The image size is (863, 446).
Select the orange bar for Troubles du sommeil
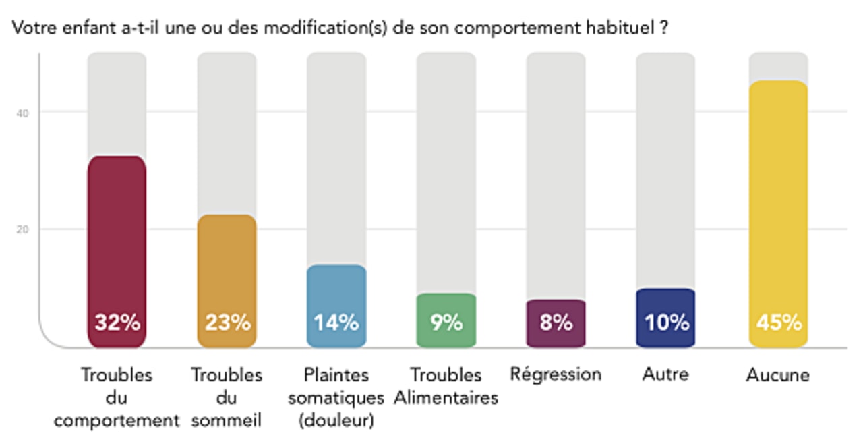click(x=227, y=270)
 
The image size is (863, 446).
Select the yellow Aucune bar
click(x=778, y=202)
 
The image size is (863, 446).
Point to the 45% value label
click(x=779, y=323)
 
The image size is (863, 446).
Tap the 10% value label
click(x=666, y=323)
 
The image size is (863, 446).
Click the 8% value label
click(x=556, y=323)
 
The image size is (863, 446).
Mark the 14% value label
click(x=336, y=323)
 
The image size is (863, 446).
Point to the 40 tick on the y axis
click(x=22, y=112)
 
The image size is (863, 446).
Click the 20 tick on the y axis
click(x=22, y=229)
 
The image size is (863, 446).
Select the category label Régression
click(x=556, y=374)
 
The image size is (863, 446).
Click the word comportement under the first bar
click(x=117, y=422)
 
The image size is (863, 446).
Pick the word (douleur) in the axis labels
click(x=336, y=422)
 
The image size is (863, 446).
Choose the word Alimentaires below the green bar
click(x=446, y=398)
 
